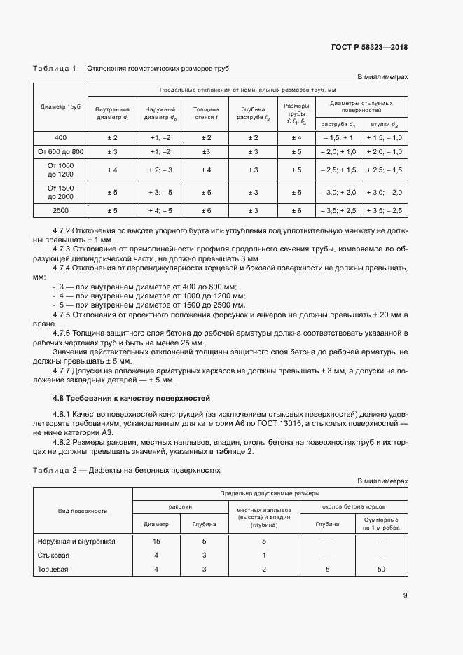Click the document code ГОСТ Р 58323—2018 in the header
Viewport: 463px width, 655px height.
click(369, 47)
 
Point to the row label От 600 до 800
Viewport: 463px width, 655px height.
click(60, 151)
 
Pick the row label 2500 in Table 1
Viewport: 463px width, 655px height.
click(60, 210)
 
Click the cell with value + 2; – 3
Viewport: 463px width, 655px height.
click(160, 170)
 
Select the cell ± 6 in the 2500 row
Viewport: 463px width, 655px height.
click(206, 210)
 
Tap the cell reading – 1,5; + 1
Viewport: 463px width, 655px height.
click(338, 137)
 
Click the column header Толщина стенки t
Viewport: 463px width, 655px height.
click(206, 113)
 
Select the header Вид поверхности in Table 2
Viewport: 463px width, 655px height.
click(83, 511)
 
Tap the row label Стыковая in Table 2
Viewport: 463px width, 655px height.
click(51, 556)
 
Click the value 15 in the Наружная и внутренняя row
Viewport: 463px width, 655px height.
click(156, 541)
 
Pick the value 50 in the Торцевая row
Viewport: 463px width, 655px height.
click(382, 570)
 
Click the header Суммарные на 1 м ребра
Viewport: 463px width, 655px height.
click(382, 523)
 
